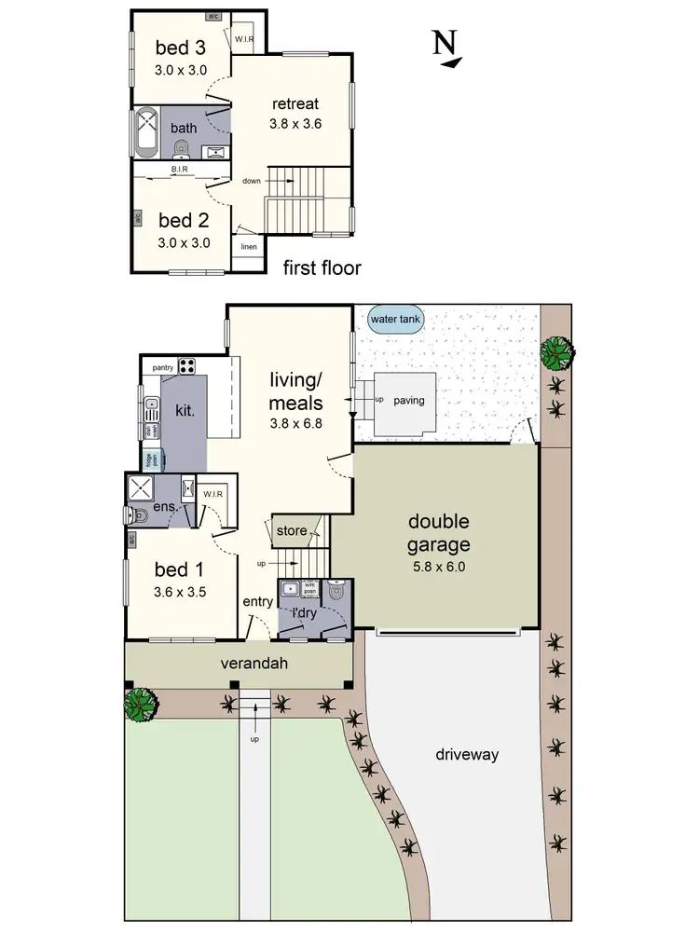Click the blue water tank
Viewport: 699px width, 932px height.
[397, 320]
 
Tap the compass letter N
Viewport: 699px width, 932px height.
[445, 43]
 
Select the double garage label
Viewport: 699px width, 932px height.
[437, 533]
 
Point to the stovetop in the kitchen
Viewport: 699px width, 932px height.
[186, 365]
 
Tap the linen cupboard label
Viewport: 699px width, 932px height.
[248, 247]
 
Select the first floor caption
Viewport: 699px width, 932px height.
[322, 268]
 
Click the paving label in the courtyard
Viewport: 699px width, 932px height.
[408, 401]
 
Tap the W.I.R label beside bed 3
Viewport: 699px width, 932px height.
[244, 39]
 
